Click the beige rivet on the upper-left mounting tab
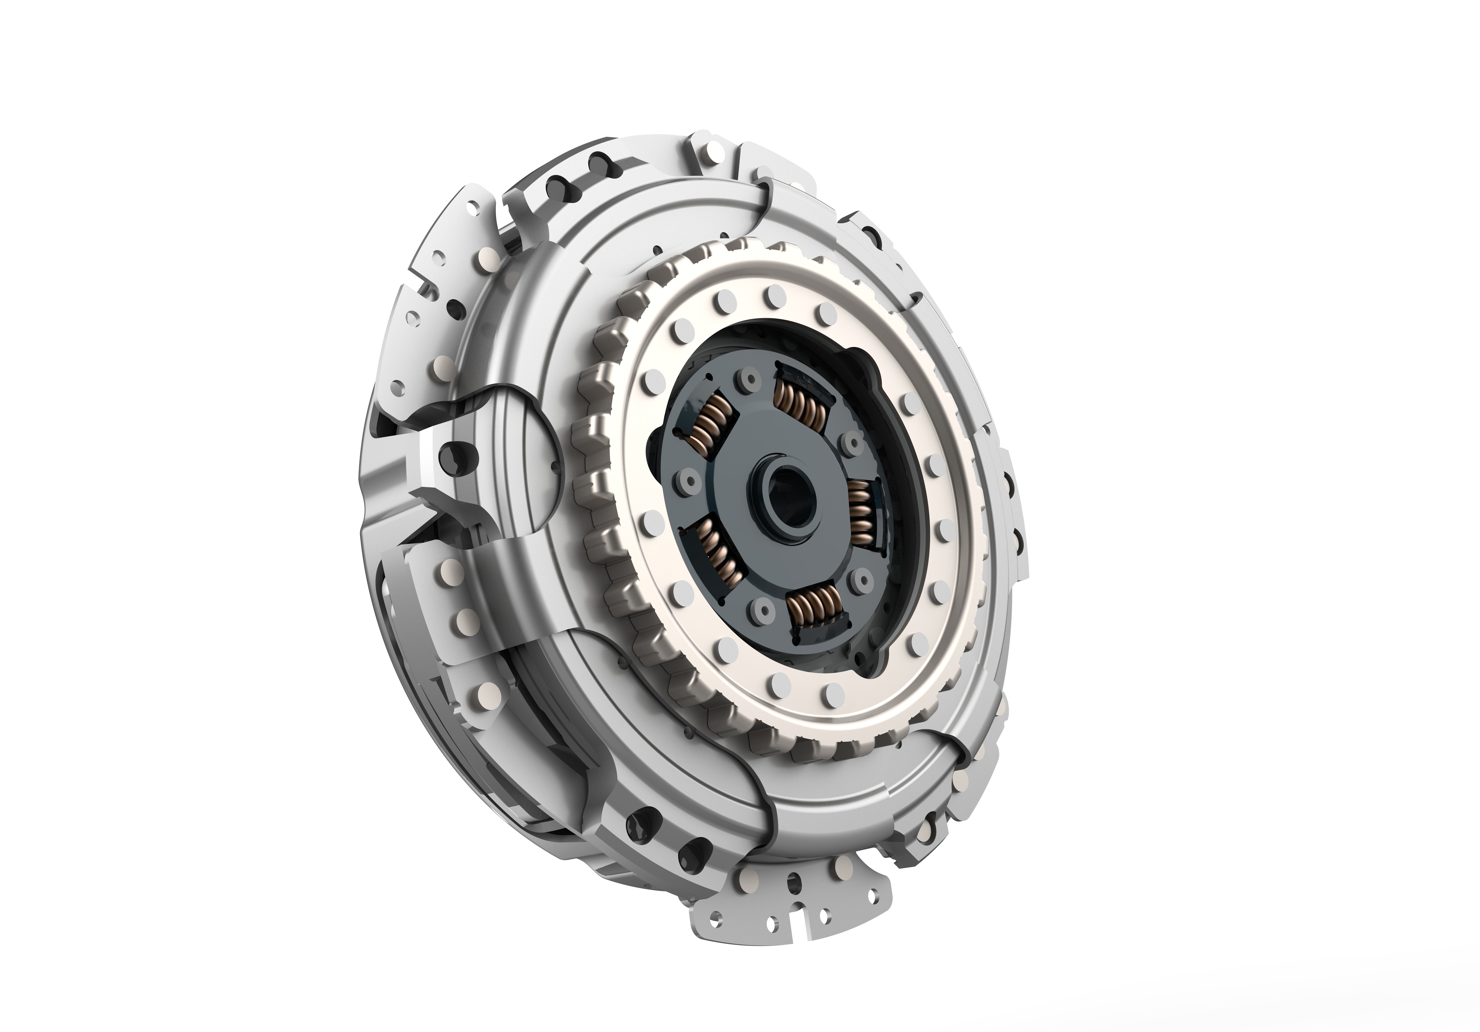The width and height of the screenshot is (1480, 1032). click(x=485, y=262)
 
